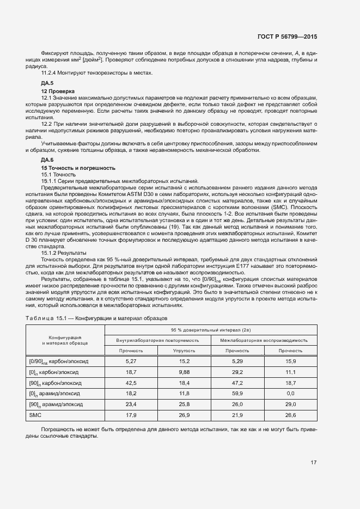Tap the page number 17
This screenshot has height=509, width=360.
[x=314, y=462]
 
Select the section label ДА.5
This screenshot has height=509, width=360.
[x=48, y=83]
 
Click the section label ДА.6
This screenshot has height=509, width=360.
[x=48, y=160]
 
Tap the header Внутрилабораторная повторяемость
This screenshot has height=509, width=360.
[x=157, y=340]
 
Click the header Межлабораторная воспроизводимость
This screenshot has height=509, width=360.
[x=264, y=340]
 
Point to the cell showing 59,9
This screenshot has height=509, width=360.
[x=237, y=394]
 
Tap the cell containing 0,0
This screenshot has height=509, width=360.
[x=290, y=394]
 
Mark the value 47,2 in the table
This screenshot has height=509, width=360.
[x=237, y=383]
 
